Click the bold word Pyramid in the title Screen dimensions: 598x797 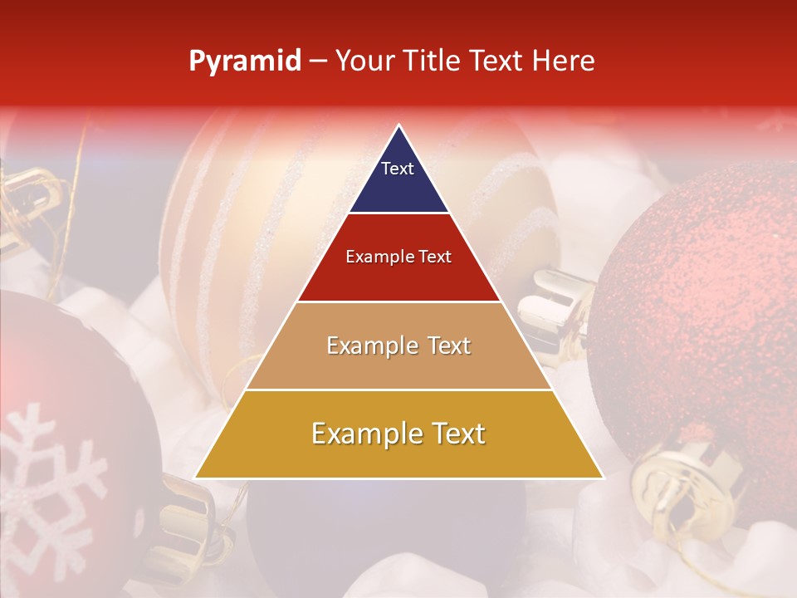point(245,61)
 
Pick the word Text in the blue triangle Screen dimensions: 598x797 point(398,169)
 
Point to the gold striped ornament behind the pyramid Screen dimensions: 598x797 point(224,233)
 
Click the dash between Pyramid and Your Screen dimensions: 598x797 point(318,61)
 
